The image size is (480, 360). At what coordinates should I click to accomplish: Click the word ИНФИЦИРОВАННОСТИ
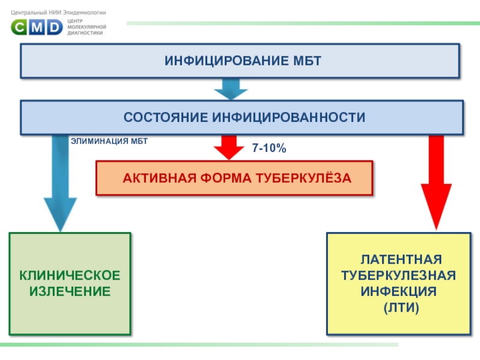click(287, 117)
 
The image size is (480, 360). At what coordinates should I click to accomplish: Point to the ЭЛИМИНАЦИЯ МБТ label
click(109, 141)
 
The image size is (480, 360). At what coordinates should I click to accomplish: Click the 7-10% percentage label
click(269, 148)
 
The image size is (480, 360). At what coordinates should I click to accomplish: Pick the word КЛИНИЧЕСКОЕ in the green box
click(70, 275)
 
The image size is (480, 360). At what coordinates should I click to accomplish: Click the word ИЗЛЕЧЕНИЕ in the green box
click(70, 292)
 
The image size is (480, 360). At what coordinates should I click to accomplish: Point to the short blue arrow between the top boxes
click(230, 89)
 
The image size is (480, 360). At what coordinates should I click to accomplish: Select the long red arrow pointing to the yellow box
click(436, 186)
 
